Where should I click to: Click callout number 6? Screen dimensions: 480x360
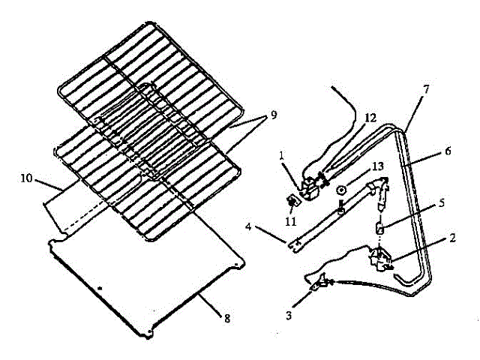coord(447,151)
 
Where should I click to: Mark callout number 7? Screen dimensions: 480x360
coord(425,89)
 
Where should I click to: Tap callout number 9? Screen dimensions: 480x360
coord(273,115)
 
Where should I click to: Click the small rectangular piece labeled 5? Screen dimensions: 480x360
coord(380,227)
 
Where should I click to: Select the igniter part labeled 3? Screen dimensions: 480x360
coord(322,282)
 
